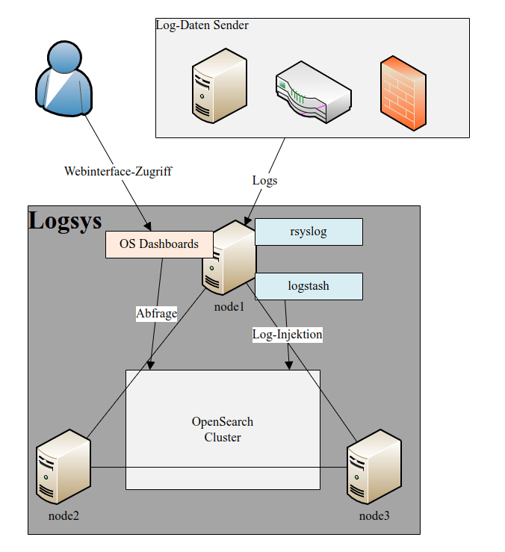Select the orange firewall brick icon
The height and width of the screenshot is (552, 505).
point(403,93)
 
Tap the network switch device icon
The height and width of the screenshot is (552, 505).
point(313,95)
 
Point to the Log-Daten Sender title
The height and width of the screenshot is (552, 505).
point(202,25)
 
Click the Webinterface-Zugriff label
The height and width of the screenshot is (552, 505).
point(118,172)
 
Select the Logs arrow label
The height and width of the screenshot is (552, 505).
point(264,180)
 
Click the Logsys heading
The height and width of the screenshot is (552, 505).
point(65,220)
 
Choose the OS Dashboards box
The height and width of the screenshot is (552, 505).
point(158,244)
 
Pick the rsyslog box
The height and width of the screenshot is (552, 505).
point(309,232)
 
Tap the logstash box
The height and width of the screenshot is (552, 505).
point(309,286)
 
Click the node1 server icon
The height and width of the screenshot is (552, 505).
point(229,258)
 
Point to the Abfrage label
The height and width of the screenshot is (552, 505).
point(157,314)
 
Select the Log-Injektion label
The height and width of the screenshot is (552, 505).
point(288,335)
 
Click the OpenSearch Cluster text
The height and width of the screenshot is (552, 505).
point(223,429)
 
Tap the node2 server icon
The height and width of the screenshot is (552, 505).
point(63,467)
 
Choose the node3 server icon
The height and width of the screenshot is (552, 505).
point(374,467)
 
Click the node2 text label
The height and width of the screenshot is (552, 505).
point(63,516)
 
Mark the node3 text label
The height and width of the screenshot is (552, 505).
point(374,516)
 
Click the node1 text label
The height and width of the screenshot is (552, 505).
point(229,306)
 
